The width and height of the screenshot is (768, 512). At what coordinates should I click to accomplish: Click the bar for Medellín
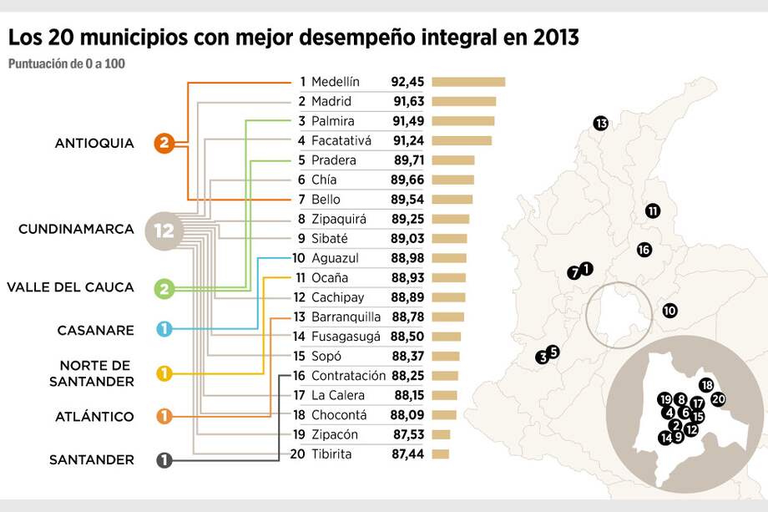pos(468,82)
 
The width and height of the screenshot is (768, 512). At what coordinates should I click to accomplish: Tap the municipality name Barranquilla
pos(346,317)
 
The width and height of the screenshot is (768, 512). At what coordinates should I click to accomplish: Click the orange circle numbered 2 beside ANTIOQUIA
pos(164,144)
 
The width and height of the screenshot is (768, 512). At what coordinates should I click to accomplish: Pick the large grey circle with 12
pos(164,231)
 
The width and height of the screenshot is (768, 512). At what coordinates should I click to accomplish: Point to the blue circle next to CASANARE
pos(164,329)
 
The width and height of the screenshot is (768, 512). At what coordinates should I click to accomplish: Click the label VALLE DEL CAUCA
pos(70,287)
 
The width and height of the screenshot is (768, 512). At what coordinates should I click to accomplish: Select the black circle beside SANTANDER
pos(164,459)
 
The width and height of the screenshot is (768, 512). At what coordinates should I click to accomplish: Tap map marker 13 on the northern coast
pos(601,124)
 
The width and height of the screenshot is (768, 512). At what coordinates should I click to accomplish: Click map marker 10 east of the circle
pos(669,311)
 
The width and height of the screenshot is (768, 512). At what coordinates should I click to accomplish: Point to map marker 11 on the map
pos(653,210)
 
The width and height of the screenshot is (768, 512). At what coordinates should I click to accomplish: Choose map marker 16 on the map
pos(644,249)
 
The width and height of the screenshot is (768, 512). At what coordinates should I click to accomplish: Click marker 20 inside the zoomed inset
pos(718,399)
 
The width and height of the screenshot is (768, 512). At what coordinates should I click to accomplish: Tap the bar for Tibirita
pos(441,454)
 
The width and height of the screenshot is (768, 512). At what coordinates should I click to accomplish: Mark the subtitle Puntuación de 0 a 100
pos(67,63)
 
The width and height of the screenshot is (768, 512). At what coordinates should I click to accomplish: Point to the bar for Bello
pos(452,200)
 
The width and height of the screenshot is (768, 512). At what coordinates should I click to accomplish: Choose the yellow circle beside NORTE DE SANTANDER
pos(164,373)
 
